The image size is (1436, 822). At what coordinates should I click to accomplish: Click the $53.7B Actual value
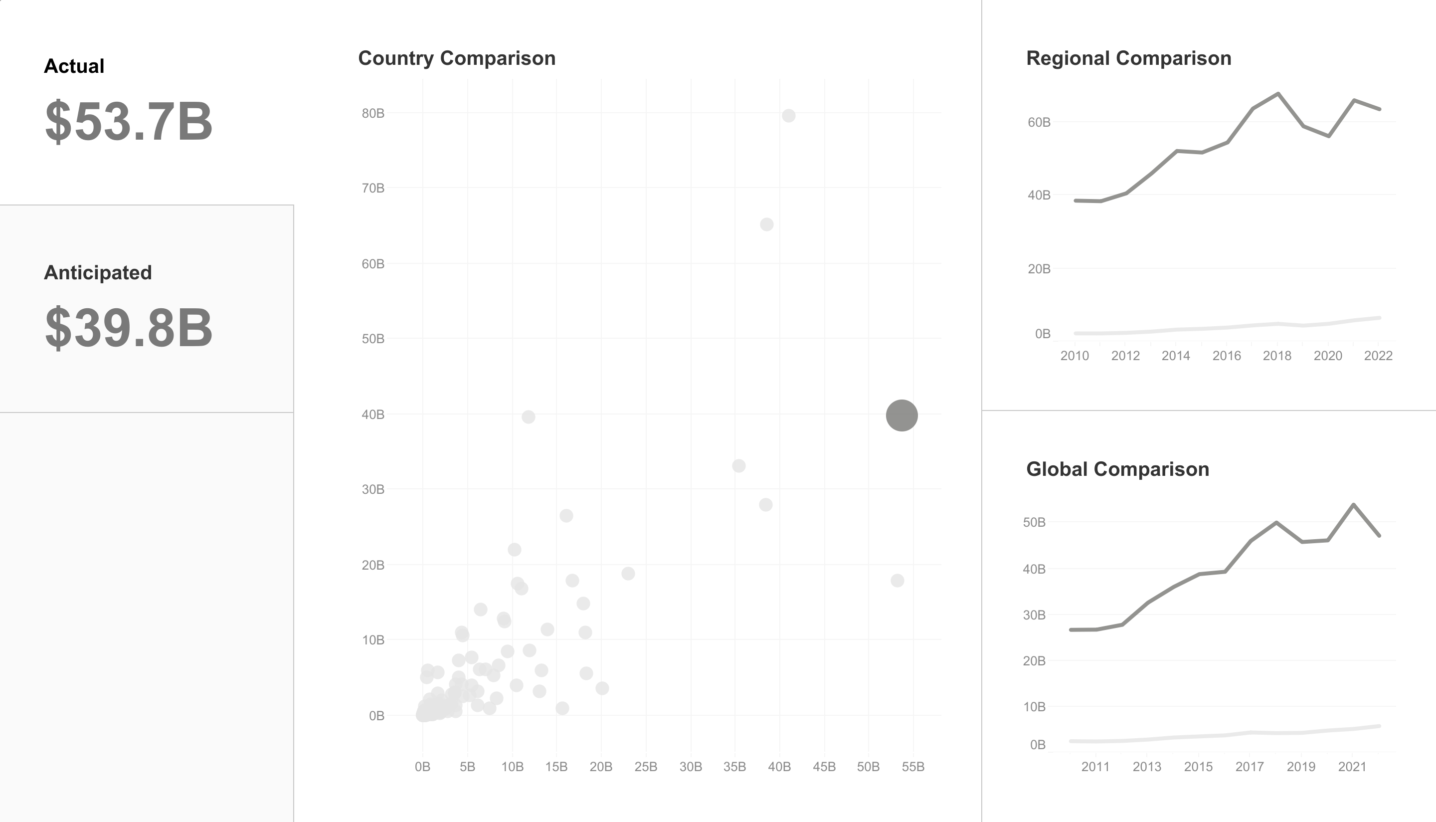click(129, 121)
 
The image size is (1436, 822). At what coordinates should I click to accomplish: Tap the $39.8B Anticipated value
click(129, 328)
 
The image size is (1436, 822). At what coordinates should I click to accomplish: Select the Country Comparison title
click(456, 58)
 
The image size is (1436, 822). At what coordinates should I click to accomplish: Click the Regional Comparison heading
click(1128, 58)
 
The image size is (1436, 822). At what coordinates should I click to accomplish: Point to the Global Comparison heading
click(1117, 469)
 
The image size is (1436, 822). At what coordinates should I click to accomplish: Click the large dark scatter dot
click(901, 415)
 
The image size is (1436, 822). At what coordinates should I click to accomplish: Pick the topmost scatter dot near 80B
click(788, 116)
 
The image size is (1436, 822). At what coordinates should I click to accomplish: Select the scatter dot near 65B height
click(766, 224)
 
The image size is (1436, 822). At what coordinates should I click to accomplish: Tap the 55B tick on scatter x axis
click(913, 767)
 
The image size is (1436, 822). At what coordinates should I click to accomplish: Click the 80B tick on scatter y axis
click(373, 114)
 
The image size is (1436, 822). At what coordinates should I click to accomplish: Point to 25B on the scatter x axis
click(646, 767)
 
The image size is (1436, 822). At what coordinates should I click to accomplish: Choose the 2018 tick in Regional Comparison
click(1277, 356)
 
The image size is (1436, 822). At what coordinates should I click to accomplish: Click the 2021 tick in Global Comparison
click(1352, 767)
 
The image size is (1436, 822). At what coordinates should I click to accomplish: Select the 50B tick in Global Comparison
click(1034, 522)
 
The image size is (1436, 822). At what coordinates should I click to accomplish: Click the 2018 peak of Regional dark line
click(1278, 94)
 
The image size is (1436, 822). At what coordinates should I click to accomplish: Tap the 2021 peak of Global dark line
click(1353, 505)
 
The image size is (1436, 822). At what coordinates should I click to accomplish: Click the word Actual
click(74, 66)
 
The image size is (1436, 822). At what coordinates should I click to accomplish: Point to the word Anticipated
click(98, 273)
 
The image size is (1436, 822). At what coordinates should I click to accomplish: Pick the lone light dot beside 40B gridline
click(528, 417)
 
